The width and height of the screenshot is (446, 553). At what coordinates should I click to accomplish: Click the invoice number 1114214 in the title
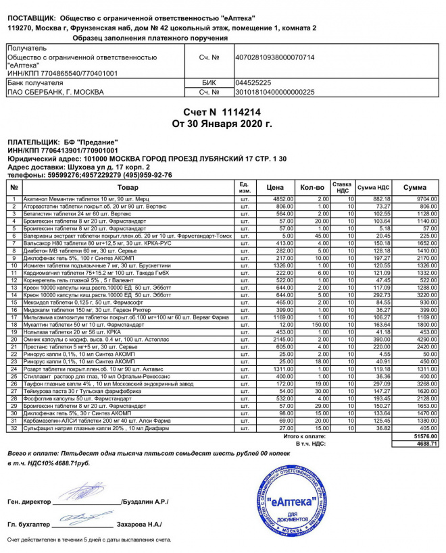coord(237,111)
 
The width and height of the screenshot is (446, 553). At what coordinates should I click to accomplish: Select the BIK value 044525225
coord(253,82)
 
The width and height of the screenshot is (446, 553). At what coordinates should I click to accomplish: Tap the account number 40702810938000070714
coord(275,57)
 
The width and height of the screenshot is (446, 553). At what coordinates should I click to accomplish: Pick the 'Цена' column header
coord(275,186)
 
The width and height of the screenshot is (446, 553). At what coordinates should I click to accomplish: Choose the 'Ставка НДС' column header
coord(342,186)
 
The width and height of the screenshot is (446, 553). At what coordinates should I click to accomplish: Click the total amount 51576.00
coord(426,438)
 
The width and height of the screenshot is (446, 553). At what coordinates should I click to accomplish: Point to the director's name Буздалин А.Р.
coord(145,502)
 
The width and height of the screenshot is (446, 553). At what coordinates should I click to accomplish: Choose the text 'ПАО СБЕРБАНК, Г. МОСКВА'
coord(56,91)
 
